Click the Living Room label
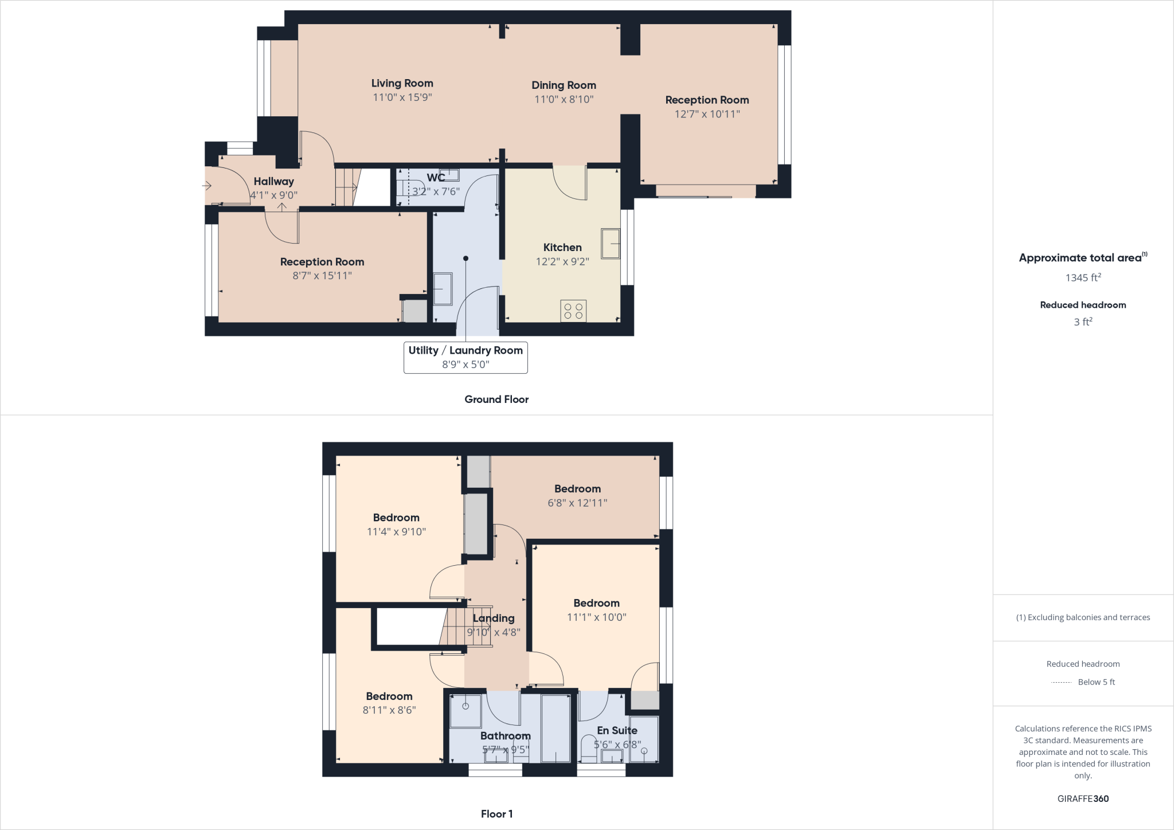402,84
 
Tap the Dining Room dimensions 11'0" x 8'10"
563,99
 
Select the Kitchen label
562,248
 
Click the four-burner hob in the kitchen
573,311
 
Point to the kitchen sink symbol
611,243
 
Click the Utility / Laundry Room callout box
465,357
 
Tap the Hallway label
273,182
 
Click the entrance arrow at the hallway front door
207,186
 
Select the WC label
436,178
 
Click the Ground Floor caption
496,400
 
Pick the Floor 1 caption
496,814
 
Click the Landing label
494,618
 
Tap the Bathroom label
505,736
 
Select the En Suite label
617,731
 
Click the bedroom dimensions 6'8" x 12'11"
577,503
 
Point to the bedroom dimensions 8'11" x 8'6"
389,710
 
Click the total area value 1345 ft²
1083,278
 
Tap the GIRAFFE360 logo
1083,798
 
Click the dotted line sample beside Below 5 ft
1061,683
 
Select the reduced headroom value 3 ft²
1083,322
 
